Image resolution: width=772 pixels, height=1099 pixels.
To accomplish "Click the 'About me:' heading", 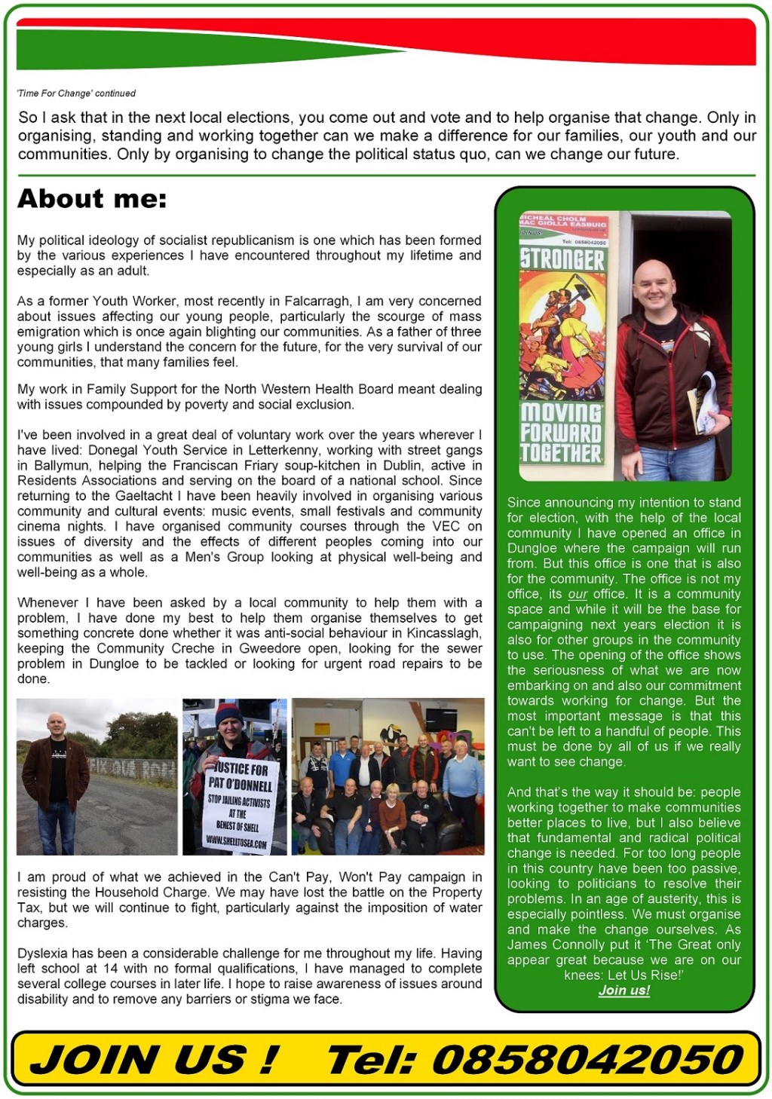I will click(x=92, y=199).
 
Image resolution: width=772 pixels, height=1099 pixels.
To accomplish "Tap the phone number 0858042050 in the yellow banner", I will click(x=588, y=1060).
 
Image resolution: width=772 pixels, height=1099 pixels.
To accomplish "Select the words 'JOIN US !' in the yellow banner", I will click(x=155, y=1060).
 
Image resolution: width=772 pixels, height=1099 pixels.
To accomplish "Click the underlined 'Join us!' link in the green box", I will click(x=624, y=990).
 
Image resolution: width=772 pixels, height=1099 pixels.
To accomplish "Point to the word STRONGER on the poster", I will click(x=562, y=260).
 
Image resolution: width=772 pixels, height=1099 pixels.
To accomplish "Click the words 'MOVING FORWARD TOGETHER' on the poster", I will click(x=562, y=433).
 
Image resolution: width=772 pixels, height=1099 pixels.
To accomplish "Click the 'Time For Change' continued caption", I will click(x=76, y=93).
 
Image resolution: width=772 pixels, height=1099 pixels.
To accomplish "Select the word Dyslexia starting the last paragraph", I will click(x=41, y=954).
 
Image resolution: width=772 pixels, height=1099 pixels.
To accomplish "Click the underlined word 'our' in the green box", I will click(x=577, y=594).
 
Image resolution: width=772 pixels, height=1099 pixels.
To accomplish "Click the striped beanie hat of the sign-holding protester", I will click(x=228, y=712).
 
